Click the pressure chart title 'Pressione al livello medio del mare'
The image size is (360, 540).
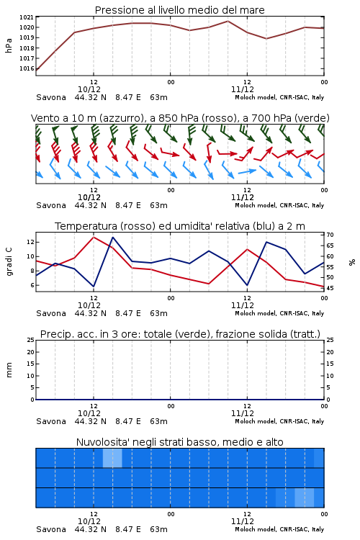[179, 10]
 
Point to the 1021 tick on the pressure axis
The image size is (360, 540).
[26, 17]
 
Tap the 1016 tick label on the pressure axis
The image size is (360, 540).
[26, 68]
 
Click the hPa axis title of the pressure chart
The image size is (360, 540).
[9, 45]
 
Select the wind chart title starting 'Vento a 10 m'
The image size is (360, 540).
[180, 118]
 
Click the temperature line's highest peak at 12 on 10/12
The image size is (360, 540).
[94, 237]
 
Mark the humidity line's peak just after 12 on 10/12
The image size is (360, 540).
[112, 237]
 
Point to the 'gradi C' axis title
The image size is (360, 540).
[9, 262]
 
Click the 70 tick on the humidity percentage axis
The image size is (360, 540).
[330, 235]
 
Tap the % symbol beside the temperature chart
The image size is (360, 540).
[352, 262]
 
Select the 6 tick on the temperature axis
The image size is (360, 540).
[32, 285]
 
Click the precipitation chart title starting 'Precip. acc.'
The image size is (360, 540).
[180, 334]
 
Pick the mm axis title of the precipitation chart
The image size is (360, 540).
[9, 370]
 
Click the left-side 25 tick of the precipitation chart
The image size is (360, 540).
[31, 340]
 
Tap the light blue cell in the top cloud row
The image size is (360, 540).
[112, 458]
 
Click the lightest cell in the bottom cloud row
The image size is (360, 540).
[304, 498]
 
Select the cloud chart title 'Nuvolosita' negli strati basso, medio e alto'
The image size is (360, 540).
[179, 442]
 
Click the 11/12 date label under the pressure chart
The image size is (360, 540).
[242, 89]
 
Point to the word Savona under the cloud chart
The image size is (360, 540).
[51, 529]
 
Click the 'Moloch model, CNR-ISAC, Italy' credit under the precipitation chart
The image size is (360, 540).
[279, 421]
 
